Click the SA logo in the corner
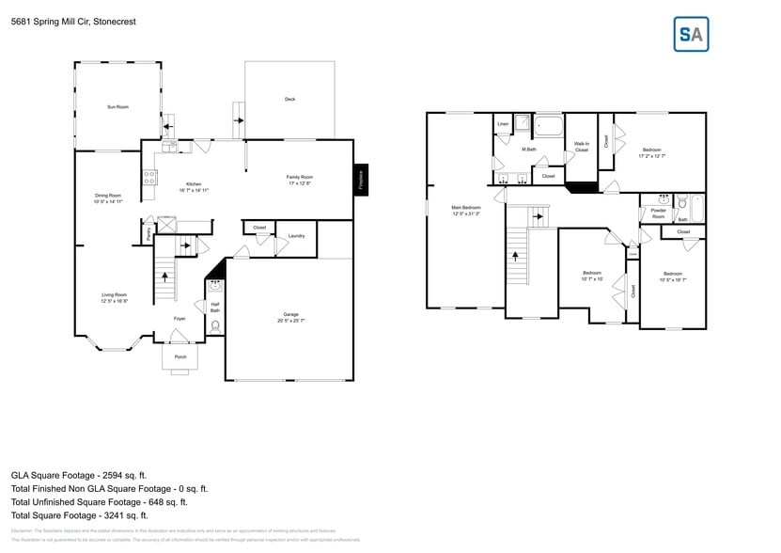pos(692,34)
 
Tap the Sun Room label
pos(117,107)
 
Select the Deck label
pos(289,99)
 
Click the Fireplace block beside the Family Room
pos(359,179)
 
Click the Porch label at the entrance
pos(180,356)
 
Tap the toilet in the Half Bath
pos(215,326)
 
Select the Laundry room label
pos(295,235)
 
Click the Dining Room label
pos(108,195)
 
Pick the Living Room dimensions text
pos(115,301)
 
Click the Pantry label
pos(148,232)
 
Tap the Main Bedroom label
pos(465,207)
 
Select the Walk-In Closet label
pos(582,147)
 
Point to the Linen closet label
pos(503,124)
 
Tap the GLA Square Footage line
pos(79,475)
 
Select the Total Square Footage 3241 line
pos(80,514)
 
